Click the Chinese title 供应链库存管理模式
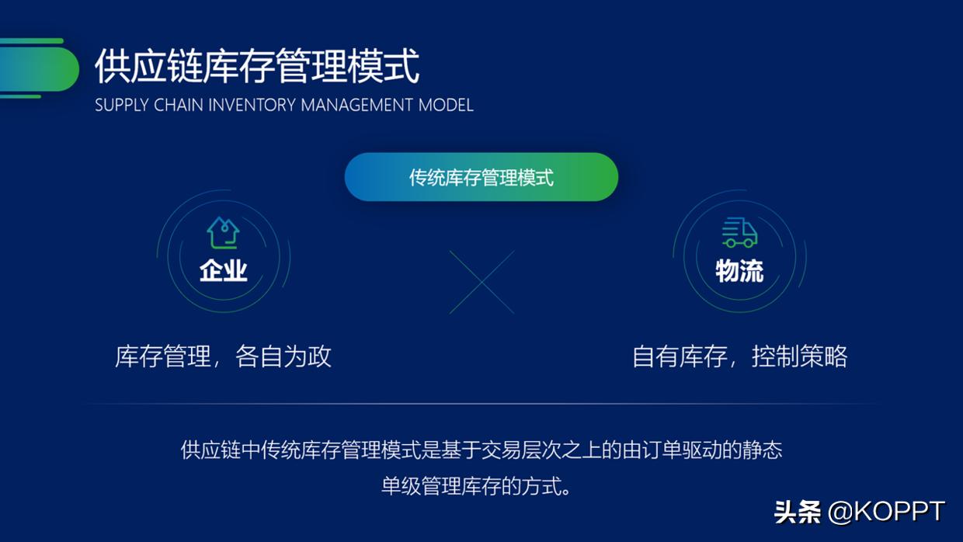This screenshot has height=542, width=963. tap(257, 66)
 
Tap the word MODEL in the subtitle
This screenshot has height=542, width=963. tap(446, 105)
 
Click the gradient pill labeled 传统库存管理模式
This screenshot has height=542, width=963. tap(481, 177)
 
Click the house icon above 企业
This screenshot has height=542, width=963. tap(223, 232)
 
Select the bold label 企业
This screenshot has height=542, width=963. tap(223, 270)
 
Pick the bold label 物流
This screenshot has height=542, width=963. tap(739, 270)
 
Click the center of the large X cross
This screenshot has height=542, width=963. tap(481, 281)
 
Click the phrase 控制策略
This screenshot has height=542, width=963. tap(799, 356)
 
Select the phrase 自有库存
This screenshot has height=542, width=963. tap(680, 356)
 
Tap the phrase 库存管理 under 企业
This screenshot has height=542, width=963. tap(163, 356)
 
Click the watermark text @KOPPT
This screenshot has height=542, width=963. tap(886, 512)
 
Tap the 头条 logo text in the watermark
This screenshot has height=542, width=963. tap(798, 512)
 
